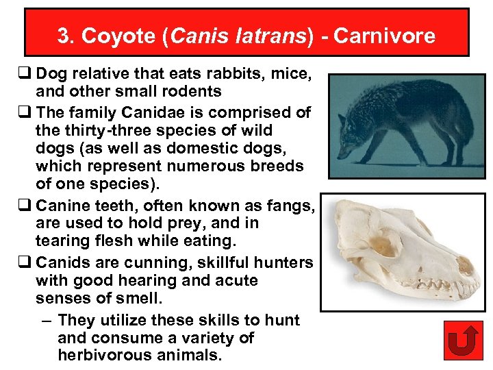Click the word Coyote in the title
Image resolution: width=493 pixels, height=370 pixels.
pos(108,36)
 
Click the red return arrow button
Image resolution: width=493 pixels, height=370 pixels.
pos(464,341)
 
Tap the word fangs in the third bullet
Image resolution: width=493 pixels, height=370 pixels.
pos(287,206)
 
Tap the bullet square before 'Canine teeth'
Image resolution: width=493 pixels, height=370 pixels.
pos(27,206)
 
